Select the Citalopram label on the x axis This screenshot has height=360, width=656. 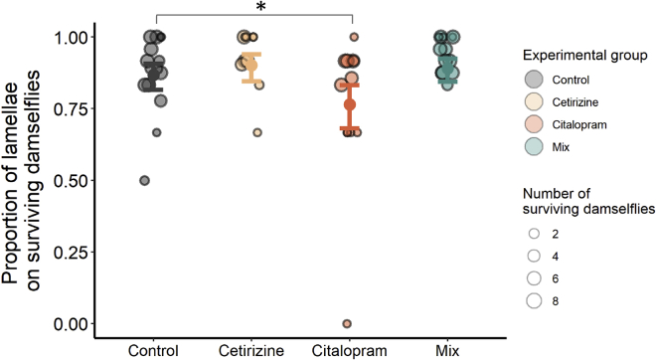(349, 350)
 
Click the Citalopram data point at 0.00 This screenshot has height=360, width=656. (347, 323)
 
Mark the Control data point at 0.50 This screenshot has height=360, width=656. (144, 180)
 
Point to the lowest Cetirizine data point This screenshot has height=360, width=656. (258, 132)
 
